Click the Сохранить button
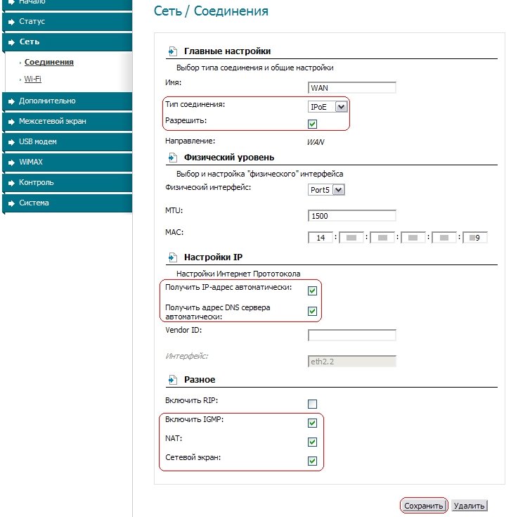424,506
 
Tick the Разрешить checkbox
313,124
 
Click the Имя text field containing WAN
352,88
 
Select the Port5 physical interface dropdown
326,189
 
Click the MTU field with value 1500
352,216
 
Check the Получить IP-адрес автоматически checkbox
313,291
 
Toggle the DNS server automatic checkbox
313,311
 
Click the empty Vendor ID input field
352,335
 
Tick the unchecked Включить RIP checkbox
313,404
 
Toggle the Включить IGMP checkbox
313,423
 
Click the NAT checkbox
313,442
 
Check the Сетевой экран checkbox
313,461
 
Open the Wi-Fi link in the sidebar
32,79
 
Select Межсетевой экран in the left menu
53,121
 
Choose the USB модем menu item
38,141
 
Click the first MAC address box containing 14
321,238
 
